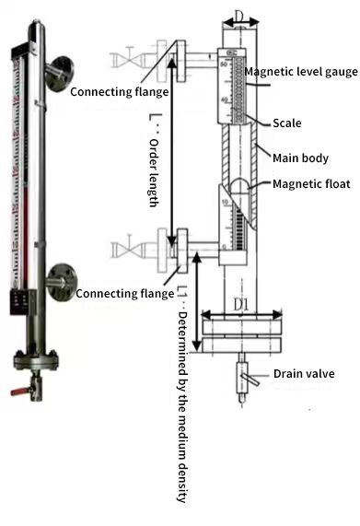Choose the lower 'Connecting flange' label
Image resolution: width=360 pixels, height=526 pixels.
[x=124, y=293]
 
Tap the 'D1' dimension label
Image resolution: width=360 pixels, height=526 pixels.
[x=244, y=303]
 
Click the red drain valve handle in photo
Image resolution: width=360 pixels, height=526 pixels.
[x=19, y=391]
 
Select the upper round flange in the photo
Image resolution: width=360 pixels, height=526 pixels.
[x=63, y=68]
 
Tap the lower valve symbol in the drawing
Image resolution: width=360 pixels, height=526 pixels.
[x=125, y=249]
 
